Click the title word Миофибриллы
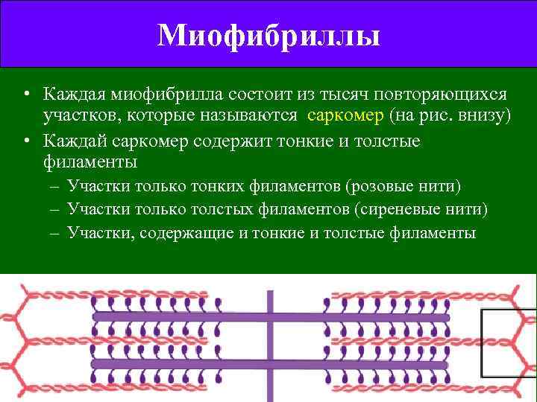pyautogui.click(x=268, y=35)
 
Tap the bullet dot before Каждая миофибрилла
pyautogui.click(x=26, y=95)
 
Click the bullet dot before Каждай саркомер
pyautogui.click(x=26, y=140)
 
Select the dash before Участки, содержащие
pyautogui.click(x=55, y=233)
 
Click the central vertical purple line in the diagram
pyautogui.click(x=268, y=339)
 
